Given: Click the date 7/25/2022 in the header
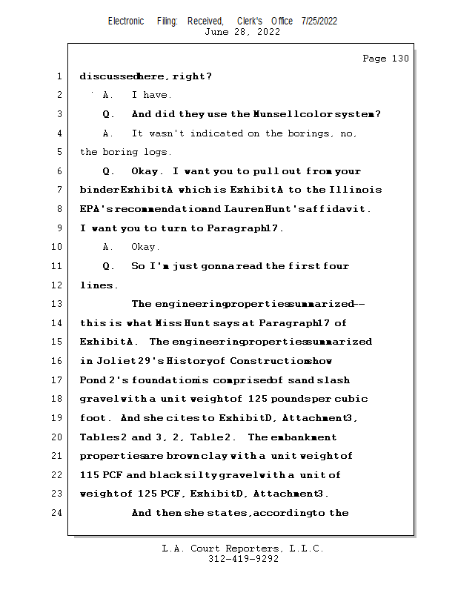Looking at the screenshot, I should [319, 21].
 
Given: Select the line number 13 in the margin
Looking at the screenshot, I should [57, 304].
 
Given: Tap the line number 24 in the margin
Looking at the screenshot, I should [57, 512].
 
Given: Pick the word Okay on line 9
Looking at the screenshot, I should [145, 247].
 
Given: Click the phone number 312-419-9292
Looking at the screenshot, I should [243, 559].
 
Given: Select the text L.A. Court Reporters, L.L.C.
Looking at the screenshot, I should [243, 549].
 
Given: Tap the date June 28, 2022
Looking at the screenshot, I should [242, 32].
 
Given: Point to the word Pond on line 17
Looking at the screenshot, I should [93, 380].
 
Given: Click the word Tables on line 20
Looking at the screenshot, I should [97, 437].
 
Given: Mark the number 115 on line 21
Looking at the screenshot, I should [89, 474].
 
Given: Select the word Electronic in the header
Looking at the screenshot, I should [126, 21].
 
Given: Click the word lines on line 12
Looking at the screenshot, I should [98, 285].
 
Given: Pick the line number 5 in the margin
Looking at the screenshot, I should [57, 152].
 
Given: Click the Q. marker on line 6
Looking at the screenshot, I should [108, 171].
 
